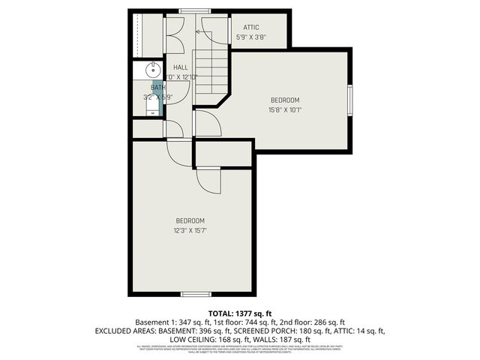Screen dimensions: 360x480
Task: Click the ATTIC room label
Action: pos(250,27)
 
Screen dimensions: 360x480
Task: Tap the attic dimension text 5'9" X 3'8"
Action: pos(250,37)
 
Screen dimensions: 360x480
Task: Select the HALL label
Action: pos(181,67)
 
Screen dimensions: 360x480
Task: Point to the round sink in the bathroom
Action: pos(151,72)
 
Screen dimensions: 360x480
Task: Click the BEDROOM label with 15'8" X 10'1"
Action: pos(285,100)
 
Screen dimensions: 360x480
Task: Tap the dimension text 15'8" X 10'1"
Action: pos(285,110)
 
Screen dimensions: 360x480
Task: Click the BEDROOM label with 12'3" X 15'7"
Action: pos(190,220)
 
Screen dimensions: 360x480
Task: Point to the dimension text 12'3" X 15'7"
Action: pos(190,230)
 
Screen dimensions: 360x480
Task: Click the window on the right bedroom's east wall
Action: pos(350,100)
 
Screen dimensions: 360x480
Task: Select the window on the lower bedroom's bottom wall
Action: pos(193,292)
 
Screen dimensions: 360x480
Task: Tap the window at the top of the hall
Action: pos(190,10)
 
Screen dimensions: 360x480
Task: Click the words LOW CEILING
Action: pos(192,339)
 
